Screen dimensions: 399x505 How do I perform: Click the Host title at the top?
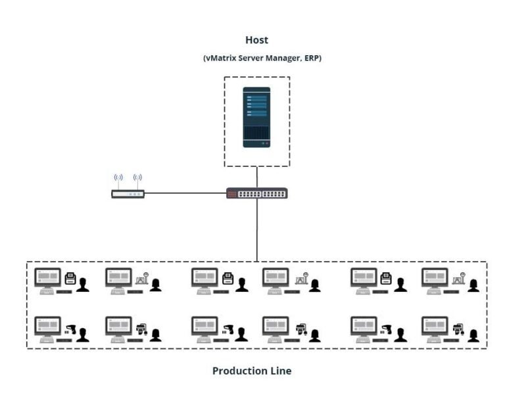coord(256,41)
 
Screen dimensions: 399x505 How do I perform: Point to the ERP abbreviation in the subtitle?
coord(312,59)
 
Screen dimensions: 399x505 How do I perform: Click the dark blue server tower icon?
coord(256,117)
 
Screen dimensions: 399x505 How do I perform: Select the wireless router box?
coord(128,194)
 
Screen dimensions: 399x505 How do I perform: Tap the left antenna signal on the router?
coord(118,178)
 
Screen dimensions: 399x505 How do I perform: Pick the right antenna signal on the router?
coord(137,178)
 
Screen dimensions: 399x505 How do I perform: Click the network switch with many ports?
coord(256,194)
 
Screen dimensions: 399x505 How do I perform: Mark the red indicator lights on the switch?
coord(230,194)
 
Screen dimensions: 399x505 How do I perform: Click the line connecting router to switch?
coord(184,193)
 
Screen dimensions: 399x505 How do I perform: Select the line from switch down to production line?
coord(257,230)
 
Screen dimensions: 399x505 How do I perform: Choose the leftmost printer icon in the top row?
coord(70,279)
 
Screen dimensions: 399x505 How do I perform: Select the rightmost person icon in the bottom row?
coord(473,335)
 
